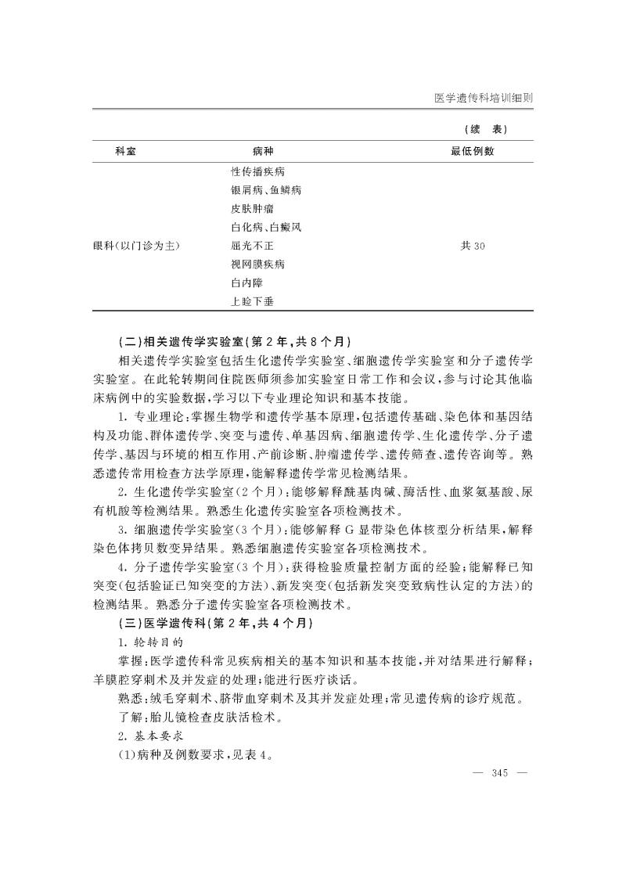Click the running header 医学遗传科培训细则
[483, 99]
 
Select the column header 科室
[125, 151]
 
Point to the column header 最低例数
[472, 151]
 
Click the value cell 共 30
[473, 246]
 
